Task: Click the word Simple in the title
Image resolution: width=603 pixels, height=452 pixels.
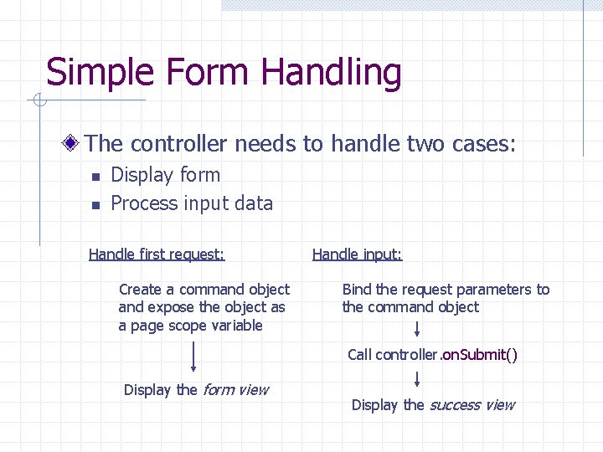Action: click(92, 74)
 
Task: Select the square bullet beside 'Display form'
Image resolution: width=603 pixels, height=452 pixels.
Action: click(95, 177)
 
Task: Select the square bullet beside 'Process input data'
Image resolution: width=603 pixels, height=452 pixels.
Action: click(95, 204)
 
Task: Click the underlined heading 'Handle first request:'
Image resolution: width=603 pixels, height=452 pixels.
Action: click(157, 254)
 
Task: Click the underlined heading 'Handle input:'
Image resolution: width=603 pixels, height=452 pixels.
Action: click(357, 254)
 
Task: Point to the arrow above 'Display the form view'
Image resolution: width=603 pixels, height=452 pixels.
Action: click(193, 357)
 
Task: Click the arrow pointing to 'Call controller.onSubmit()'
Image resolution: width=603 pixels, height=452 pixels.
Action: click(417, 327)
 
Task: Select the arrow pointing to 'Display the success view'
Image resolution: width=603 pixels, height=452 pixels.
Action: click(417, 379)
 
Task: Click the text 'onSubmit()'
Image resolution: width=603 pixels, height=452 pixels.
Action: click(479, 355)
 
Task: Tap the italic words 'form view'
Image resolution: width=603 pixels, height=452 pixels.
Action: click(235, 389)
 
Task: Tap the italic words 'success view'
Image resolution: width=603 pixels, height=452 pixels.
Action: click(472, 405)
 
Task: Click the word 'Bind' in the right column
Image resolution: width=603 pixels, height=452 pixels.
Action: click(356, 290)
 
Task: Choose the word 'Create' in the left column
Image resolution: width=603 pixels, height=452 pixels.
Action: click(140, 290)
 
